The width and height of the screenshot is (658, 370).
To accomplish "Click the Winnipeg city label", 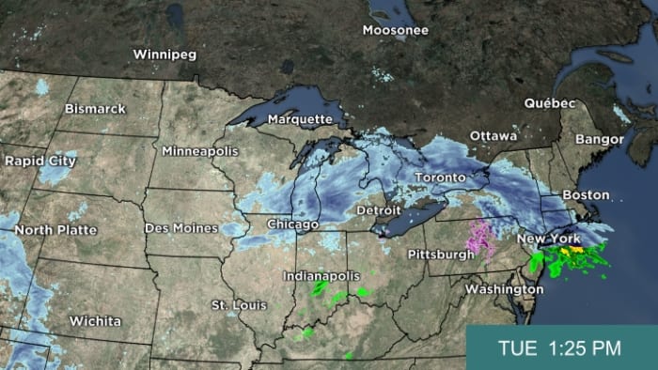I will (x=164, y=54).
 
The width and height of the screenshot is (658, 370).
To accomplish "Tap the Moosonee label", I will (x=397, y=30).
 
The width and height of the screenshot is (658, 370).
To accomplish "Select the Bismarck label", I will (x=95, y=109).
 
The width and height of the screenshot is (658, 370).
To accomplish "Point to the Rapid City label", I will (x=39, y=161).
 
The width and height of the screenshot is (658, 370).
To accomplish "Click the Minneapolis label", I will (x=198, y=150).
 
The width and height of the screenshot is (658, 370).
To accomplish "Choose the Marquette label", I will (x=300, y=119).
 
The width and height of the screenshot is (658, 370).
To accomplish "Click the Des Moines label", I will (x=181, y=228).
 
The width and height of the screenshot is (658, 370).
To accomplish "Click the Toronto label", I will (x=441, y=177).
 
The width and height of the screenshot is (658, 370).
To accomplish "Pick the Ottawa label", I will (x=493, y=136).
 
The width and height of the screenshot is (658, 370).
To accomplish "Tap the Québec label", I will (x=549, y=102).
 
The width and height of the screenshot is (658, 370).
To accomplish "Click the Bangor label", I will (x=600, y=139).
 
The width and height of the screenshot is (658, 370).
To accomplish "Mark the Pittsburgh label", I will (x=442, y=254).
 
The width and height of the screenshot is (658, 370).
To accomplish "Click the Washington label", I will (x=504, y=289).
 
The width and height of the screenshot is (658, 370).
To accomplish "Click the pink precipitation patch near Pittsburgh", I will (x=483, y=239).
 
